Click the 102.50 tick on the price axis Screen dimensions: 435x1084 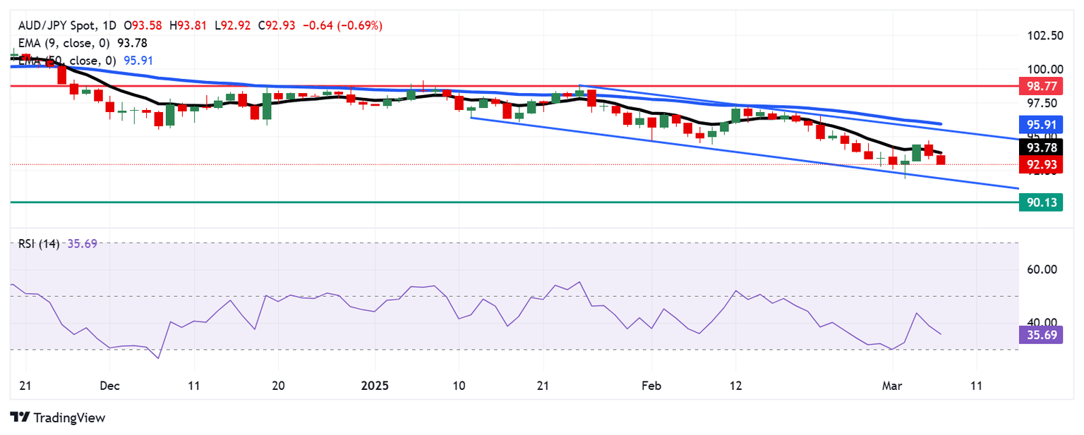[1044, 35]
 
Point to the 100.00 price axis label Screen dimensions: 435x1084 [1044, 69]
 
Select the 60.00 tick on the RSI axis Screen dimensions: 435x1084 [1040, 269]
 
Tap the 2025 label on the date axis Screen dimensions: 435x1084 [375, 386]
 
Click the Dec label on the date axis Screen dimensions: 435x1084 [110, 386]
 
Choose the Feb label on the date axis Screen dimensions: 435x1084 [651, 386]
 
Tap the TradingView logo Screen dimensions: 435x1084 [58, 417]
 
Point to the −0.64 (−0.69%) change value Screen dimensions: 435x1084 [342, 26]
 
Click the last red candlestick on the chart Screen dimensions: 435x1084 [940, 160]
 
